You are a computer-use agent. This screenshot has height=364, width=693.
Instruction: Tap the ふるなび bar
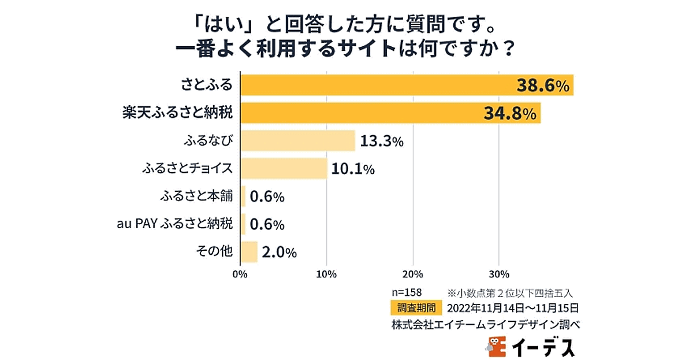pyautogui.click(x=297, y=141)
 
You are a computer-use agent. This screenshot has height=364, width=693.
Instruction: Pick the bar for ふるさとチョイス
pyautogui.click(x=283, y=169)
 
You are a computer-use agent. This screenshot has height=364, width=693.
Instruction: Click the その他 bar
pyautogui.click(x=249, y=252)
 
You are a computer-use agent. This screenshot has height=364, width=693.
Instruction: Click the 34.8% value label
pyautogui.click(x=511, y=114)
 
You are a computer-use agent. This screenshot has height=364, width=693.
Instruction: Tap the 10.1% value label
pyautogui.click(x=353, y=169)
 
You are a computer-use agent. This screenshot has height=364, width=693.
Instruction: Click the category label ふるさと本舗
pyautogui.click(x=196, y=196)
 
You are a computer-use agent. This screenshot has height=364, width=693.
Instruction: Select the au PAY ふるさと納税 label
pyautogui.click(x=175, y=224)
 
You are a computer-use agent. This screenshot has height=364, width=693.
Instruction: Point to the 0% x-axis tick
pyautogui.click(x=240, y=273)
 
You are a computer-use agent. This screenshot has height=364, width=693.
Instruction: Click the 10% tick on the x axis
pyautogui.click(x=327, y=273)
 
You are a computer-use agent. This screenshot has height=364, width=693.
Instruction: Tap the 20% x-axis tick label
pyautogui.click(x=413, y=273)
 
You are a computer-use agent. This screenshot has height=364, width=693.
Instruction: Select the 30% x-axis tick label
pyautogui.click(x=500, y=273)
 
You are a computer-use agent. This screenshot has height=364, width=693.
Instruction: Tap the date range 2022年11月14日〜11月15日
pyautogui.click(x=513, y=307)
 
